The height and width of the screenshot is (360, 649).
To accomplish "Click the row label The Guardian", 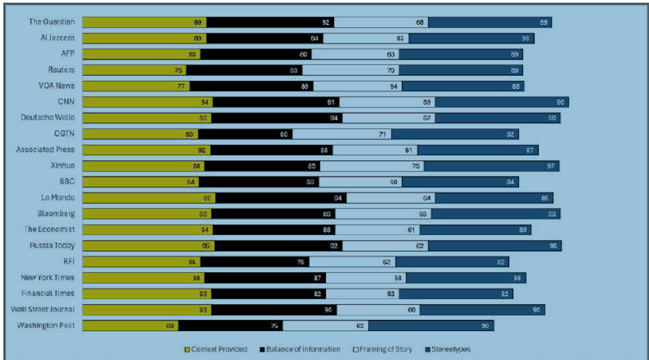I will [x=51, y=22].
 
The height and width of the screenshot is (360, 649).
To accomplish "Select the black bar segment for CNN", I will [x=276, y=102].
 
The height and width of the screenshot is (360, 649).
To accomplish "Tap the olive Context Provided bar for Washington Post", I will [x=130, y=326].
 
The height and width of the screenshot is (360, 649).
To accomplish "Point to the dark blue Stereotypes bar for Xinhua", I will [x=491, y=166].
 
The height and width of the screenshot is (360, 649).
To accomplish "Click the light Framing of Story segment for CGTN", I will [x=341, y=134].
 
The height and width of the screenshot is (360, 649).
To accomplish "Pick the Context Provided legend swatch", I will [x=187, y=350].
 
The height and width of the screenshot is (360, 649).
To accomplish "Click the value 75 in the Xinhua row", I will [x=416, y=166].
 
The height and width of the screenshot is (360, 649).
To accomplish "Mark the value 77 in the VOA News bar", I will [x=181, y=87].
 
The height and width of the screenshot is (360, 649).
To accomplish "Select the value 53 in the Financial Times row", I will [x=391, y=294].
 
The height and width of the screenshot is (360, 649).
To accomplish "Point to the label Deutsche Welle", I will [x=48, y=118].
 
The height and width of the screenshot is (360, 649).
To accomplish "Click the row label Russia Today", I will [x=52, y=245].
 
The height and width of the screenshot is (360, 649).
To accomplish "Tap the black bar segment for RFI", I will [x=254, y=262].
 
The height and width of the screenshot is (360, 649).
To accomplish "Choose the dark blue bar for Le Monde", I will [x=494, y=198].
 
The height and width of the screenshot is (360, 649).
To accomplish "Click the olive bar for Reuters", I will [x=134, y=70].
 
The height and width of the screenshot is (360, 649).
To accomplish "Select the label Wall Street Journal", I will [x=43, y=309].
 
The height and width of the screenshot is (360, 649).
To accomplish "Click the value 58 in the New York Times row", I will [x=398, y=278].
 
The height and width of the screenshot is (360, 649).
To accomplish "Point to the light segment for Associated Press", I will [x=375, y=150].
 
